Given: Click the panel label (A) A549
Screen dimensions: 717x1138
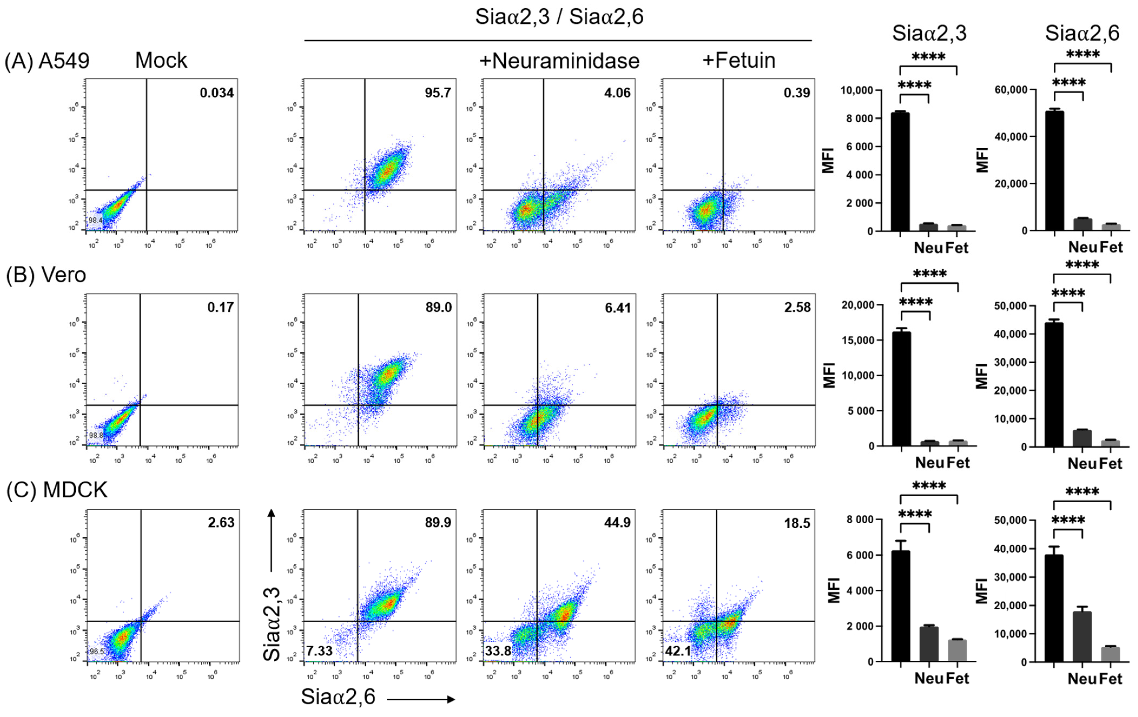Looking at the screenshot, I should coord(47,61).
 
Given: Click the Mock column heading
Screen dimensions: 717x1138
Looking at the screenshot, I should coord(161,61).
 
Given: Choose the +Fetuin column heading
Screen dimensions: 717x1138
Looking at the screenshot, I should coord(739,61).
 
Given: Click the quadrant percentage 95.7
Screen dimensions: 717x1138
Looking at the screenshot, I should coord(438,93).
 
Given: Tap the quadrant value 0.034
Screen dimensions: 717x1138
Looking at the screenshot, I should coord(216,93).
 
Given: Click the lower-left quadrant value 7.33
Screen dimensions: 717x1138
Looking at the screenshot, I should coord(319,651).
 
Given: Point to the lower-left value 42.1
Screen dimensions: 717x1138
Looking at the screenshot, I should coord(678,651).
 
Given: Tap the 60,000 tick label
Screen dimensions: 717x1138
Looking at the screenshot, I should coord(1011,90).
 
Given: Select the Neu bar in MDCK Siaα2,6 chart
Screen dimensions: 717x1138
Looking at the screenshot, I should coord(1082,636).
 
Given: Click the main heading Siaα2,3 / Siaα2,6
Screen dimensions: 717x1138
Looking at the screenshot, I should coord(559,17).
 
